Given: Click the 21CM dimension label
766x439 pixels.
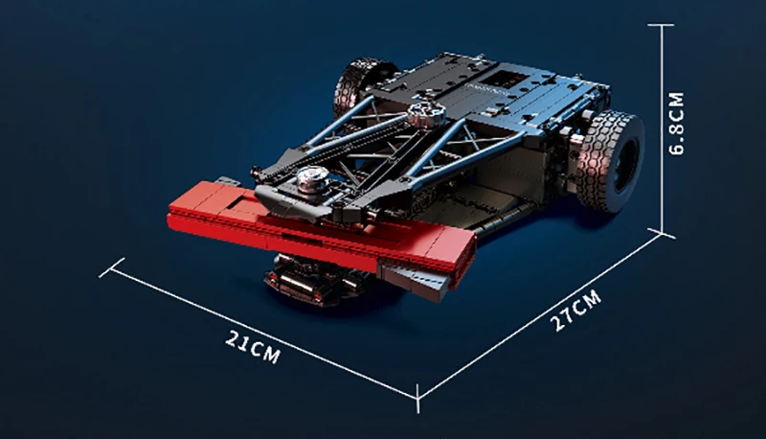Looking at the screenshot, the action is (x=253, y=347).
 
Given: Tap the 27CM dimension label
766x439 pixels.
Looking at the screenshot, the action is (x=575, y=311).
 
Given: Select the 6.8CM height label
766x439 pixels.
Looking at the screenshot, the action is (x=677, y=124).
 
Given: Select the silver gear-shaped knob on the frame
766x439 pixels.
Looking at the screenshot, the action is (x=426, y=113).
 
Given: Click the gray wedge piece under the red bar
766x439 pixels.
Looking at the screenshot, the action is (x=416, y=280).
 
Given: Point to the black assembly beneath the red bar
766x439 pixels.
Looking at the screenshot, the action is (x=313, y=280).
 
